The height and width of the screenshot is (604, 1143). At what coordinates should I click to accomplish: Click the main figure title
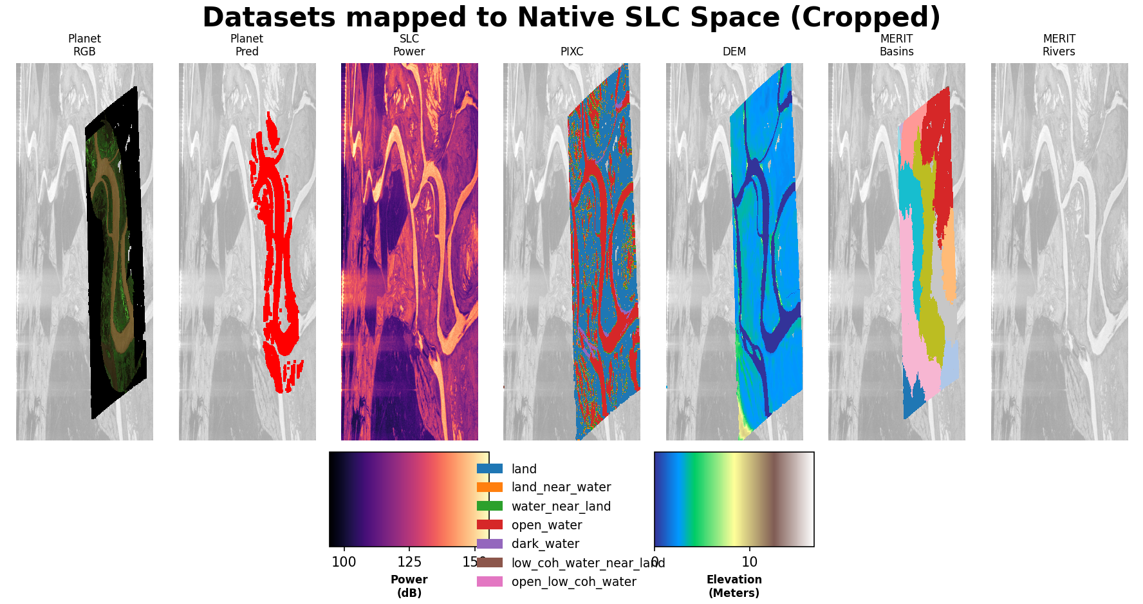pyautogui.click(x=571, y=17)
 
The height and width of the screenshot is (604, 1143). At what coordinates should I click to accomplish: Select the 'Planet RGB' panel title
pyautogui.click(x=84, y=45)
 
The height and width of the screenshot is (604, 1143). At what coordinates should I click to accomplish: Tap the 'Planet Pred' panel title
pyautogui.click(x=246, y=45)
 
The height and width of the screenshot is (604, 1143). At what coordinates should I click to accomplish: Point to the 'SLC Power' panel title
pyautogui.click(x=409, y=45)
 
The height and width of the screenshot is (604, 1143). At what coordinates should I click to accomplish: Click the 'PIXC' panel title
pyautogui.click(x=571, y=52)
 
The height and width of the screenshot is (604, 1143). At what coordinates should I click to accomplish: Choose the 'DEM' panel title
pyautogui.click(x=734, y=52)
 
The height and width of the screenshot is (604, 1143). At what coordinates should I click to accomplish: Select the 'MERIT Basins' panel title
pyautogui.click(x=897, y=45)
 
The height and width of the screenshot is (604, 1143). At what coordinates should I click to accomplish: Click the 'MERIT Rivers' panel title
pyautogui.click(x=1059, y=45)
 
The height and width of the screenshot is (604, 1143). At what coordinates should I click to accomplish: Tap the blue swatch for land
pyautogui.click(x=490, y=469)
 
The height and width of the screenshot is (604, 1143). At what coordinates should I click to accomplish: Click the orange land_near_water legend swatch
pyautogui.click(x=490, y=487)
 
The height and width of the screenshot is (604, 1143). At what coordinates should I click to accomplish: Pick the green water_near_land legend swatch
pyautogui.click(x=490, y=506)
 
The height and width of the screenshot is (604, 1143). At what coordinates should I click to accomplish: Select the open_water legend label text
pyautogui.click(x=546, y=525)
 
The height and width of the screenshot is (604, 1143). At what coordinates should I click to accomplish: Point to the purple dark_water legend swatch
pyautogui.click(x=490, y=544)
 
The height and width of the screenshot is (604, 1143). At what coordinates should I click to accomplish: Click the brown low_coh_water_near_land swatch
pyautogui.click(x=490, y=563)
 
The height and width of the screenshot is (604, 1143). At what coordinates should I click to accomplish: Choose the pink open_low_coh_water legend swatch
pyautogui.click(x=490, y=581)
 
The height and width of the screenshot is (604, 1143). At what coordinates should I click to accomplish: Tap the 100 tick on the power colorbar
pyautogui.click(x=344, y=562)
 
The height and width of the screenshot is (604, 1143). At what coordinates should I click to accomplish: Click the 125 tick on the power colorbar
pyautogui.click(x=409, y=562)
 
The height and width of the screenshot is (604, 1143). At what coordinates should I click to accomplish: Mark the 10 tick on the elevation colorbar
pyautogui.click(x=749, y=562)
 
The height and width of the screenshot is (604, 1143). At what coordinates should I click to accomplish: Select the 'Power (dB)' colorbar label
pyautogui.click(x=409, y=586)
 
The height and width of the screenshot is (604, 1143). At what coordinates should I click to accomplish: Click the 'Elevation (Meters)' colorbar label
pyautogui.click(x=734, y=586)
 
